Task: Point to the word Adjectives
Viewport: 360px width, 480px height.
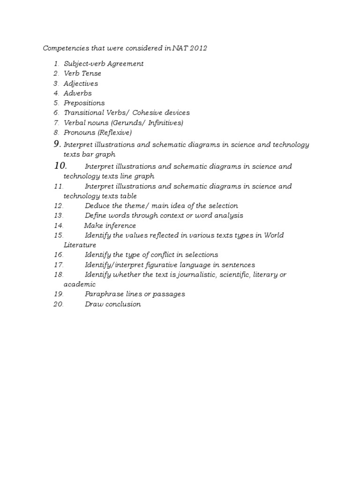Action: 81,83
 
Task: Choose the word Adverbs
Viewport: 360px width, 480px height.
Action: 77,93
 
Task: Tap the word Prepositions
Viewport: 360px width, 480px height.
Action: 84,103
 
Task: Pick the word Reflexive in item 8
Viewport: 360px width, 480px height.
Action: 115,133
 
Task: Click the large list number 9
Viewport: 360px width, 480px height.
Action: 57,144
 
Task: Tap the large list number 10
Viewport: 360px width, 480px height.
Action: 60,165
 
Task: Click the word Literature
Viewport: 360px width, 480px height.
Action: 80,245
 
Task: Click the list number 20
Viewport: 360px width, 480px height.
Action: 59,304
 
